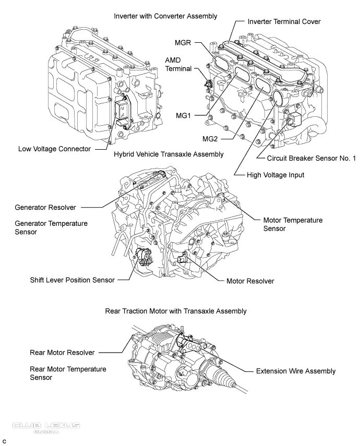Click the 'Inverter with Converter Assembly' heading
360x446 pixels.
[165, 16]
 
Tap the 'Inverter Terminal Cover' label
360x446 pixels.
[284, 21]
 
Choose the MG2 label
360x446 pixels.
[210, 139]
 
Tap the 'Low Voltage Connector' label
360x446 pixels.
[54, 149]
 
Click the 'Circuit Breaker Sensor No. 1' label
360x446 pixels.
[311, 159]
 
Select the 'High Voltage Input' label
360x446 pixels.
[275, 175]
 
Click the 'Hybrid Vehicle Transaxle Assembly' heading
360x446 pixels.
[169, 154]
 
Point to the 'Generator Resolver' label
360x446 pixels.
[45, 208]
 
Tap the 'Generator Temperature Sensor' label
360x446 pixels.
[51, 227]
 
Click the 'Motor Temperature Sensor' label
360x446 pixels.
[293, 224]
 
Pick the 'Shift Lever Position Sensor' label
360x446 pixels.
[73, 280]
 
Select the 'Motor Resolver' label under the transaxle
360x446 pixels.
[250, 281]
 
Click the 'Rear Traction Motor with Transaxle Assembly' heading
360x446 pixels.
[176, 311]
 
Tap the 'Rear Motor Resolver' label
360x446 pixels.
[62, 353]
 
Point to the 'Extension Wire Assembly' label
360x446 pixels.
[296, 371]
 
